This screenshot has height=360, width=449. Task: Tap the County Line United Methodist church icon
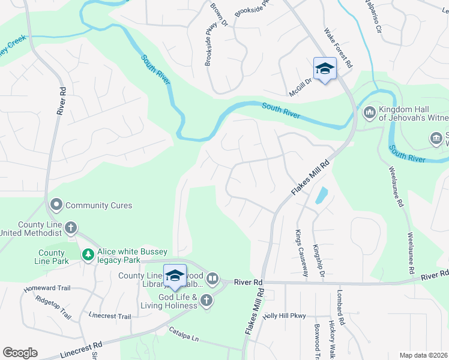tap(71, 228)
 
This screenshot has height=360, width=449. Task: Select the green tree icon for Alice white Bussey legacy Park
tap(88, 256)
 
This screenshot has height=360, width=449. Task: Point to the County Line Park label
tap(52, 257)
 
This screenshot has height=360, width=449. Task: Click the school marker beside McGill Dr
tap(325, 68)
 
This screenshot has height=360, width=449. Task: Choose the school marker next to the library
tap(175, 275)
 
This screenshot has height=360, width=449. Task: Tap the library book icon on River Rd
tap(212, 279)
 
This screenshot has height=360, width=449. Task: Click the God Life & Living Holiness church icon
tap(206, 301)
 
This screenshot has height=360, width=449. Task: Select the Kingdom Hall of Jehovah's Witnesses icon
tap(369, 112)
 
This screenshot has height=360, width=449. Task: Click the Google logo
tap(20, 353)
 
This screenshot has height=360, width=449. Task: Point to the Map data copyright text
tap(424, 355)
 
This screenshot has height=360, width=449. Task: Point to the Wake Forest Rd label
tap(339, 47)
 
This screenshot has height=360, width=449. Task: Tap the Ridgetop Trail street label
tap(53, 307)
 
